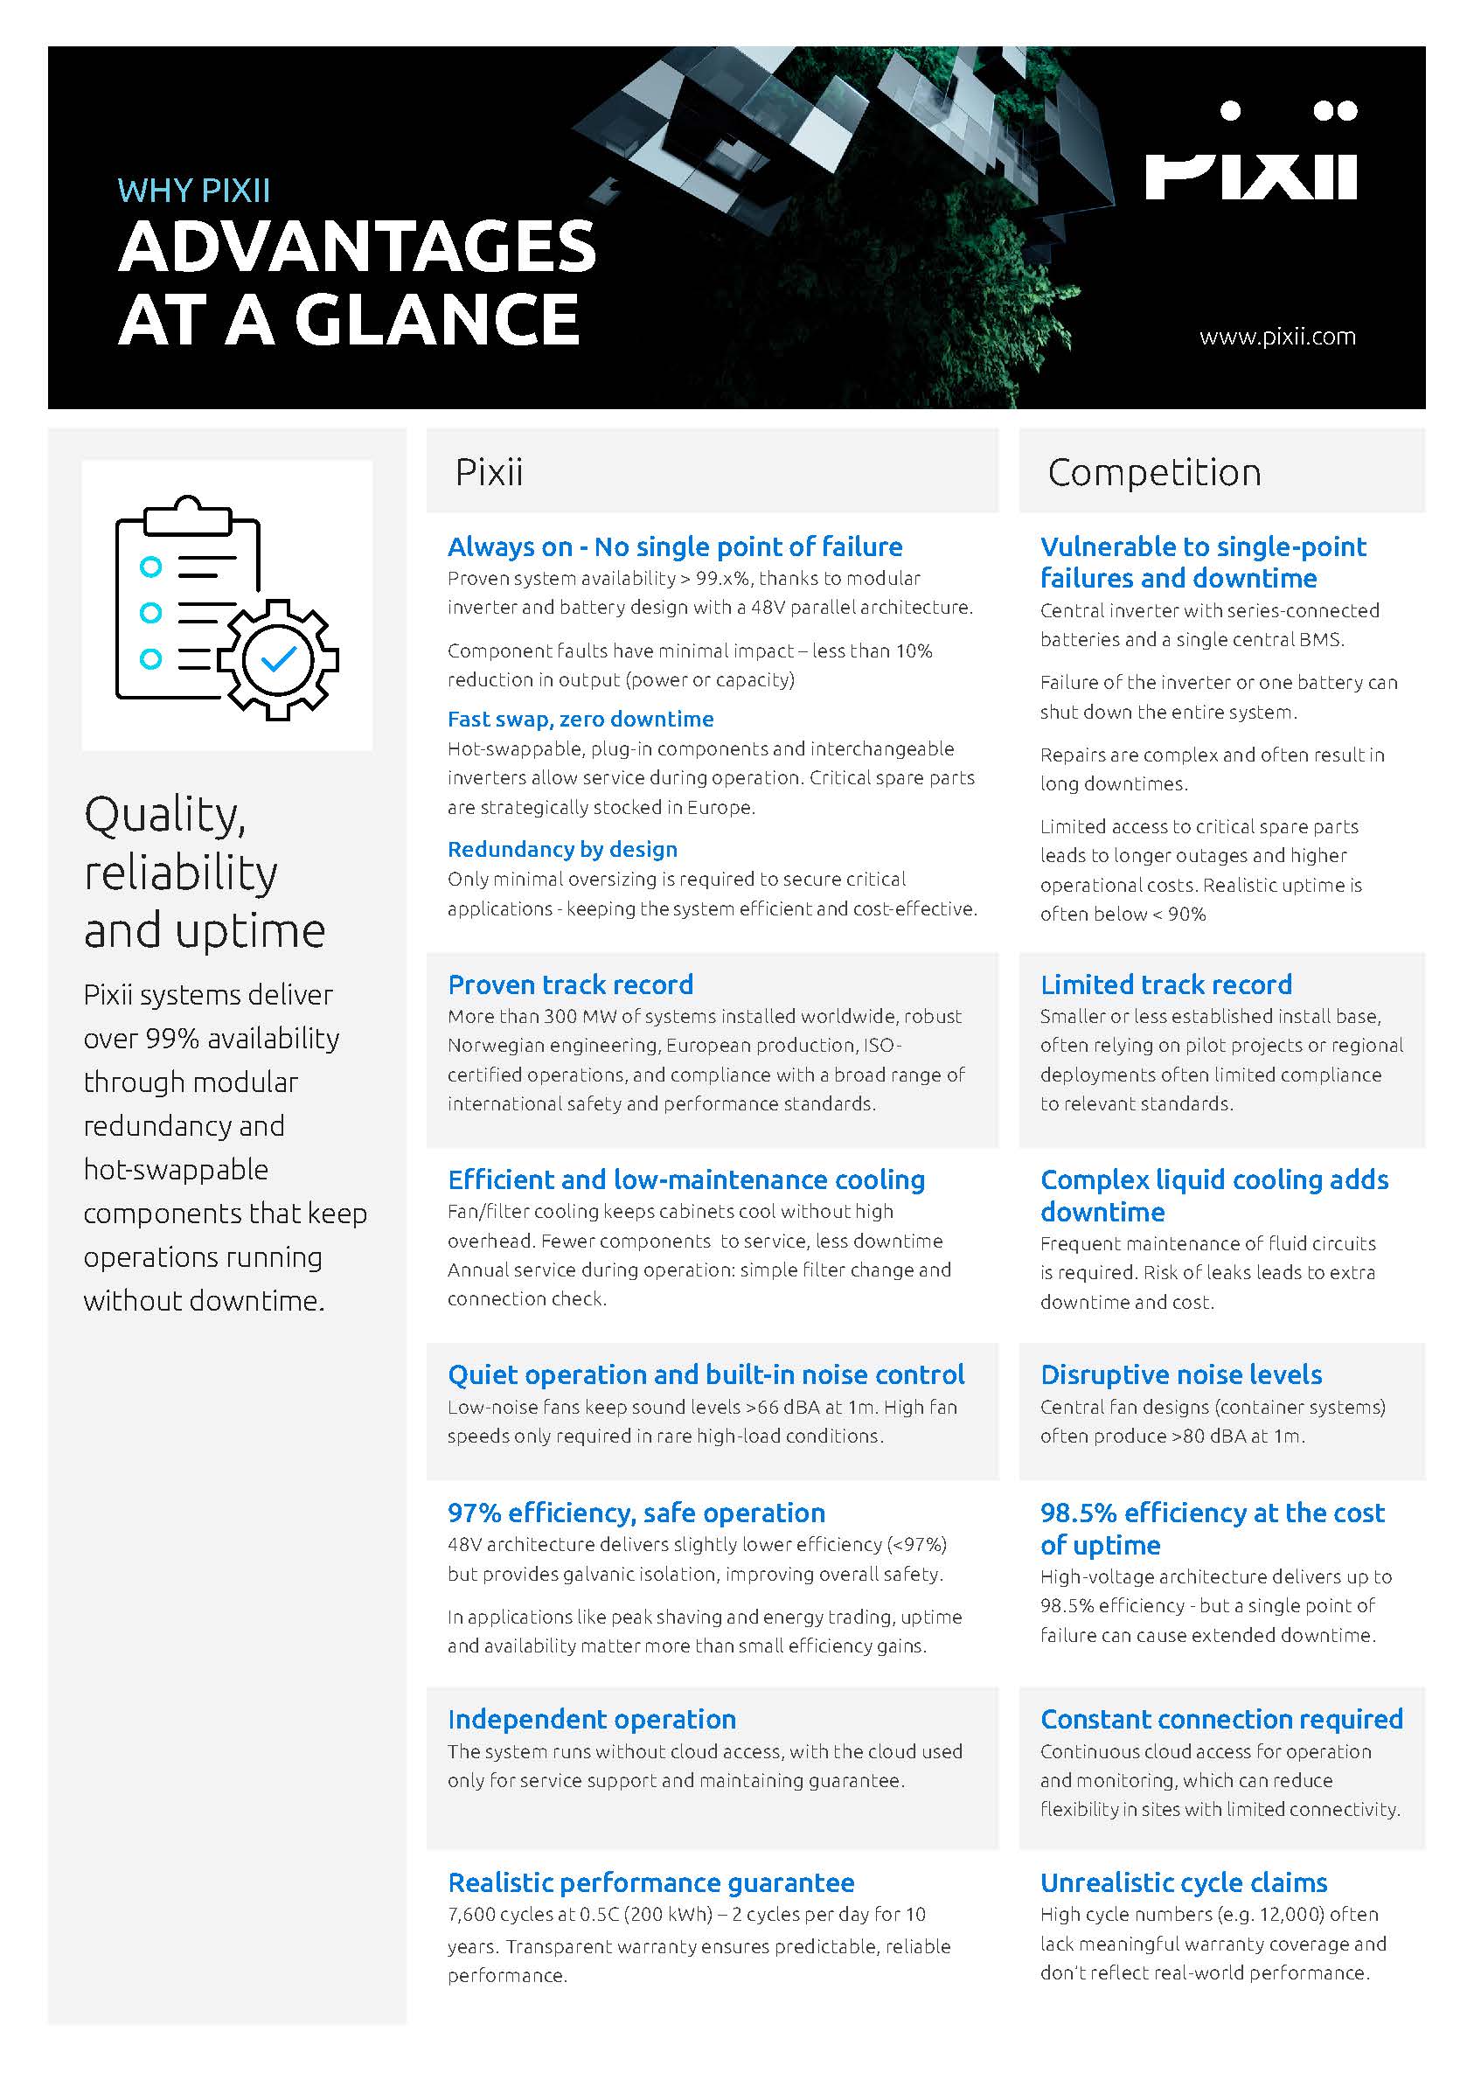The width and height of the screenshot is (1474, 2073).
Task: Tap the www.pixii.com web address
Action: click(1277, 337)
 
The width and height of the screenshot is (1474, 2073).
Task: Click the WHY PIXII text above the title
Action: click(193, 191)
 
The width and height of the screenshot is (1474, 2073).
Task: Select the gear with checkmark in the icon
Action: click(279, 659)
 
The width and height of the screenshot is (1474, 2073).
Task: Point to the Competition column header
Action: click(1154, 472)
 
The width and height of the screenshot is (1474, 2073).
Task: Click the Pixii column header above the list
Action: click(489, 472)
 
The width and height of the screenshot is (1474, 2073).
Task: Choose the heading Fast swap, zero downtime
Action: click(580, 719)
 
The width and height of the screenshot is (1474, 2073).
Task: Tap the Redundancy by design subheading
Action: click(562, 849)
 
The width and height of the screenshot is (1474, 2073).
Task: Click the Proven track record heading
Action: click(570, 984)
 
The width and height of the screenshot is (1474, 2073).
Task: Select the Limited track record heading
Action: click(1165, 984)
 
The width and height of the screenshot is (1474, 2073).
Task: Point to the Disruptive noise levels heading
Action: click(1181, 1374)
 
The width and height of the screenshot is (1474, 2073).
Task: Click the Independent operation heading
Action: click(591, 1719)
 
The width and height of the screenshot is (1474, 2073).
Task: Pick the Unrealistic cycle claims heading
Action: click(1184, 1882)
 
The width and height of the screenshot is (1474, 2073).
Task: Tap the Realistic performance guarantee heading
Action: click(650, 1882)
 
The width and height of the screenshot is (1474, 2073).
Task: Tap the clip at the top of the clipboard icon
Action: click(187, 514)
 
